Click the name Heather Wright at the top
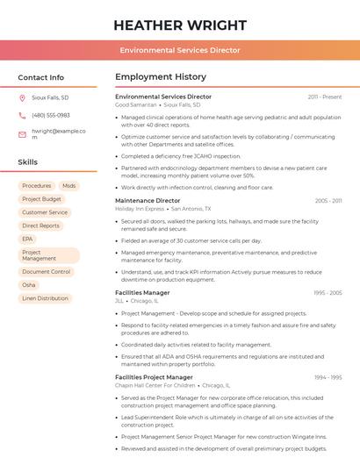[x=179, y=25]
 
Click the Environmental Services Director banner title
[x=179, y=50]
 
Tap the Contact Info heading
[x=41, y=77]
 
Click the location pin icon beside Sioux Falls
[x=22, y=97]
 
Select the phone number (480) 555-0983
[x=51, y=115]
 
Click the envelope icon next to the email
[x=22, y=134]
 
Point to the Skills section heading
[x=28, y=162]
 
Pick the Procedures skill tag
[x=37, y=186]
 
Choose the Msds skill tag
[x=69, y=186]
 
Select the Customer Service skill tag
[x=45, y=212]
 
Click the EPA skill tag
[x=28, y=239]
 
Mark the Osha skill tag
[x=29, y=285]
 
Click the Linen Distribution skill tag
[x=45, y=298]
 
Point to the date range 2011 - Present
[x=325, y=97]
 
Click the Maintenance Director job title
[x=148, y=200]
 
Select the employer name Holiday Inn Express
[x=140, y=209]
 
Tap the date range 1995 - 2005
[x=328, y=292]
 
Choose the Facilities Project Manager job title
[x=154, y=376]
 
